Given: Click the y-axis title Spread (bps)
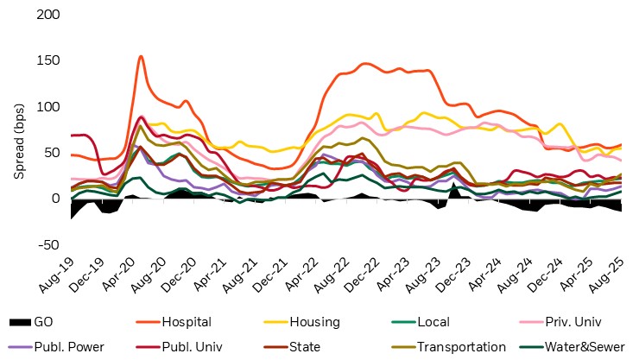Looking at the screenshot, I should click(x=18, y=129).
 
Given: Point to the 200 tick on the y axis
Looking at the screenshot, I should click(x=50, y=15).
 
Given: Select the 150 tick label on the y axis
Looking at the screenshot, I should click(x=50, y=60).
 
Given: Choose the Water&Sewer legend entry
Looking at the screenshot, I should click(x=582, y=347).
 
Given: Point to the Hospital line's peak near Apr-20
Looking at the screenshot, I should click(x=141, y=57).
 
